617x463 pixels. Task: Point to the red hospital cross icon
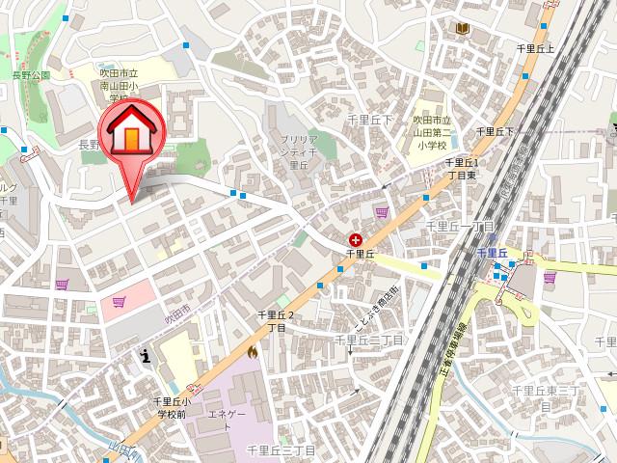click(x=356, y=237)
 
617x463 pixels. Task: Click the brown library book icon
click(x=462, y=29)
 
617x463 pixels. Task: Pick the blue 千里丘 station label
click(x=492, y=253)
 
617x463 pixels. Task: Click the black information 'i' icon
click(x=145, y=356)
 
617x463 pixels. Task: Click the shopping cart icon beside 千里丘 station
click(x=550, y=278)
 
